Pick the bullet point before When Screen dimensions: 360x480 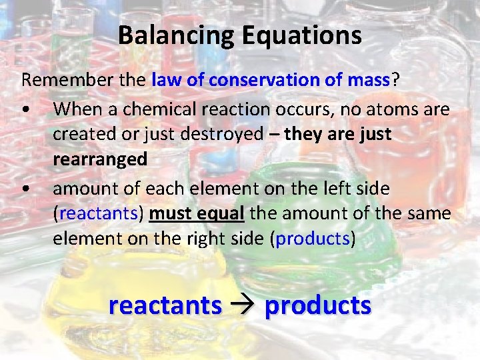[24, 108]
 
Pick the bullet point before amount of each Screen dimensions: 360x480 [24, 189]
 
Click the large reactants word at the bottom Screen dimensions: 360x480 [165, 305]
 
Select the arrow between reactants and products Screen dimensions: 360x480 [243, 305]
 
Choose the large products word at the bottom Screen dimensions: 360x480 [317, 305]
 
